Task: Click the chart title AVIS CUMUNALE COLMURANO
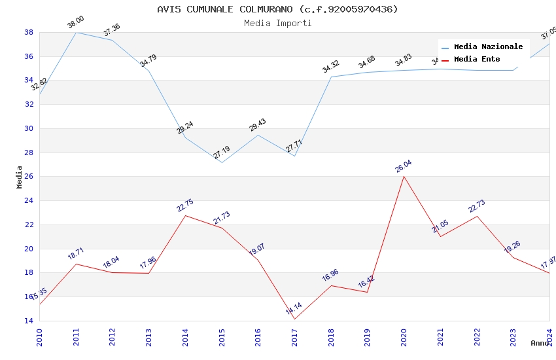277,9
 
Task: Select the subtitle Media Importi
277,23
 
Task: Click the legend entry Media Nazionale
488,47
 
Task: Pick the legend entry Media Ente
477,60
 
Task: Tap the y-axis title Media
20,177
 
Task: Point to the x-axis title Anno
540,343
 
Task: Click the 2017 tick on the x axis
294,333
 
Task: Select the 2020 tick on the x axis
404,333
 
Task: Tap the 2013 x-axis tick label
148,333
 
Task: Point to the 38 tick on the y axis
29,32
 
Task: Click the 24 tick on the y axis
29,201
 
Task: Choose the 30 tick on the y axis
29,128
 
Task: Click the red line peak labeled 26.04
404,176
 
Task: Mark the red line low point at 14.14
294,319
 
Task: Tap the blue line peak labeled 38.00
76,32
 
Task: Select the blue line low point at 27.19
222,162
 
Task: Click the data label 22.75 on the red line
185,206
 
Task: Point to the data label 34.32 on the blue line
331,67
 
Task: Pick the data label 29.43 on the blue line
258,125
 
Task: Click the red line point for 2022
477,216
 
